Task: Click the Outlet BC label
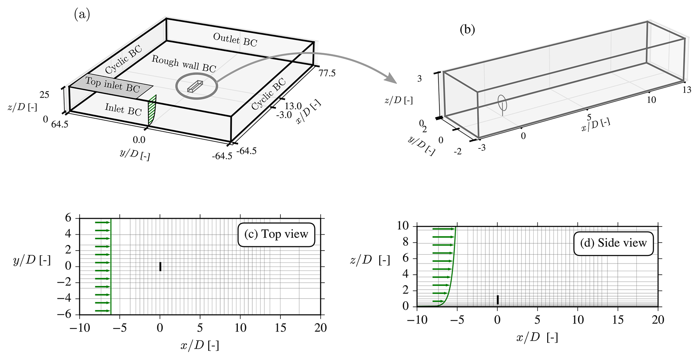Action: pos(235,40)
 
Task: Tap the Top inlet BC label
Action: pos(112,85)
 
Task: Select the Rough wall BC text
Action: pos(184,64)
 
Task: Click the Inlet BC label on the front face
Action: pos(123,110)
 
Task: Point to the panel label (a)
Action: pos(82,15)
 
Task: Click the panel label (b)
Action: pos(467,30)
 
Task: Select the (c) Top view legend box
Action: pos(276,234)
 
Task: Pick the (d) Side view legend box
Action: pos(613,243)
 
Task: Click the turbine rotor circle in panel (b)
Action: pos(502,103)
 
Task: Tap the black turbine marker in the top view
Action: pos(160,266)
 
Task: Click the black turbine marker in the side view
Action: pos(497,299)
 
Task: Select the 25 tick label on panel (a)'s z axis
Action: pos(44,95)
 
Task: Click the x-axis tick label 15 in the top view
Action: pos(280,328)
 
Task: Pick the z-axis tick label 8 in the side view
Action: pos(405,242)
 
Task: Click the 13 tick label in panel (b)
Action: pos(687,90)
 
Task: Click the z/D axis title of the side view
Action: pos(370,260)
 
